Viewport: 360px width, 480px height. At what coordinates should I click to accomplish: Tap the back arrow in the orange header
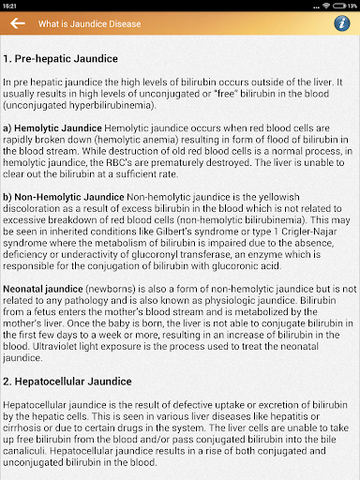coord(17,23)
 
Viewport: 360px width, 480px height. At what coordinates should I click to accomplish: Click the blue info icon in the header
coord(342,23)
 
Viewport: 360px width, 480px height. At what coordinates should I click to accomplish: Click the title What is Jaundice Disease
coord(88,23)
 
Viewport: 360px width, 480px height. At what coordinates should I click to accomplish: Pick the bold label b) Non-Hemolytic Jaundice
coord(63,196)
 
